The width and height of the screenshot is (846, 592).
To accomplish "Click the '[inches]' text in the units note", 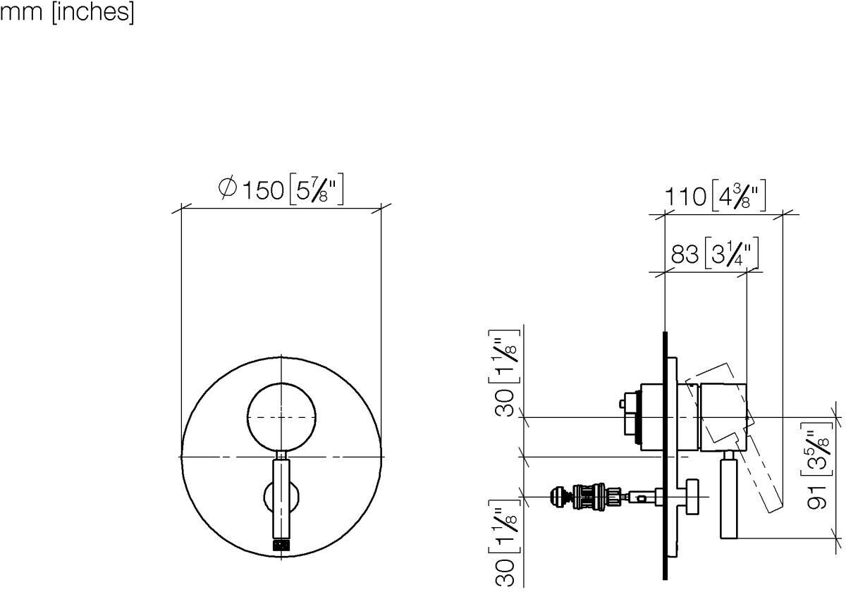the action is (93, 13).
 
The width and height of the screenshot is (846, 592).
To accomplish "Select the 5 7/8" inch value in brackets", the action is (317, 189).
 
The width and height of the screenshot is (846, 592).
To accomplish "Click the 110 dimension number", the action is (685, 197).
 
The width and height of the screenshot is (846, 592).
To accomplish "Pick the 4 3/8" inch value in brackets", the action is (739, 196).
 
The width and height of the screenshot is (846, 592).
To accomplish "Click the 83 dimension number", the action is (685, 254).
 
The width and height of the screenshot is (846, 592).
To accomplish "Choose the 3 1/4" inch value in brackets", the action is (732, 253).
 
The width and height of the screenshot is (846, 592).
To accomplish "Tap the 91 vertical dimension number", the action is (817, 497).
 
